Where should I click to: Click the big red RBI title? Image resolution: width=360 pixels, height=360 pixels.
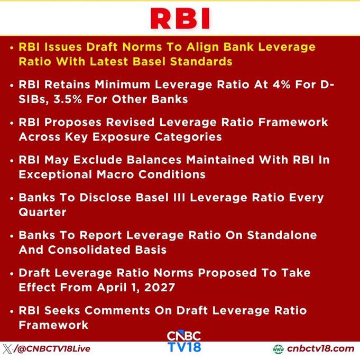(180, 19)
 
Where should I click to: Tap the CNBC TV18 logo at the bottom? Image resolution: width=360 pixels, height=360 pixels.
(184, 341)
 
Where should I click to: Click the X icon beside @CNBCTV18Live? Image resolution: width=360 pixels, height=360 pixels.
(7, 349)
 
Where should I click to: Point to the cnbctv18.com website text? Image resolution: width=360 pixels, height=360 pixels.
(321, 349)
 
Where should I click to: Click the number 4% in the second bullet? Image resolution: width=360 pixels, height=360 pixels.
(281, 85)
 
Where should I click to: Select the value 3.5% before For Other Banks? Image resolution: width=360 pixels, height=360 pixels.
(68, 99)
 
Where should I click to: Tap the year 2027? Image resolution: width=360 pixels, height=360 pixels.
(160, 288)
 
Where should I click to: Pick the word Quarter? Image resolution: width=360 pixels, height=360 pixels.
(42, 212)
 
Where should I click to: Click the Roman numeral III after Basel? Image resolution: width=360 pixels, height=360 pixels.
(179, 198)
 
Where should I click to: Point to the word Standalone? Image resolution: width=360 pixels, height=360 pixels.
(282, 235)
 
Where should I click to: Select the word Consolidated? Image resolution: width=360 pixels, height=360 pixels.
(89, 250)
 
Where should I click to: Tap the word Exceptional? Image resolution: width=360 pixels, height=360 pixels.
(56, 175)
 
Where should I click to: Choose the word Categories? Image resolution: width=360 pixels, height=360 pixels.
(188, 137)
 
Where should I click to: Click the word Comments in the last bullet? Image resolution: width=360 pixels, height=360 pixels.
(117, 310)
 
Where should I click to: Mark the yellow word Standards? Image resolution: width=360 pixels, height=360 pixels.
(201, 61)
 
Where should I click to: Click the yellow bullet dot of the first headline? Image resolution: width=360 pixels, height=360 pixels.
(12, 48)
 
